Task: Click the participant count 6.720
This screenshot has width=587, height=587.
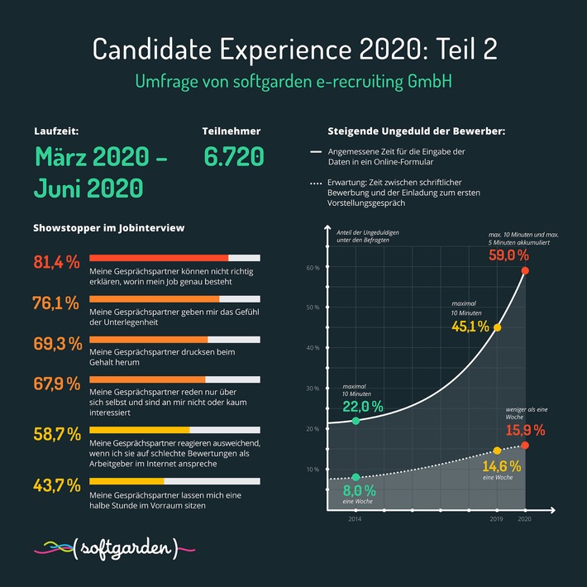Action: click(233, 156)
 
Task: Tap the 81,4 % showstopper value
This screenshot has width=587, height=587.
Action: click(56, 262)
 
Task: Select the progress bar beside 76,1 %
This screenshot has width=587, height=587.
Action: click(174, 299)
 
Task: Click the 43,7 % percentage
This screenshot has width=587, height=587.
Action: click(56, 484)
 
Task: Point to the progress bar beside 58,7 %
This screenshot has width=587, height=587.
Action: click(174, 430)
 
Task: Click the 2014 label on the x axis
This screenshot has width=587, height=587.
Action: click(353, 518)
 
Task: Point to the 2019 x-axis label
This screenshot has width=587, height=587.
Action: click(496, 518)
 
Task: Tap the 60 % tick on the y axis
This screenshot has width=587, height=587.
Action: click(313, 268)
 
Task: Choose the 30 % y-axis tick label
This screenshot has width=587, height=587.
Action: click(313, 389)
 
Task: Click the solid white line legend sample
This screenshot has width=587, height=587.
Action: click(315, 153)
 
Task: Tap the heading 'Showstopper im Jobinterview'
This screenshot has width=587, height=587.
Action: click(108, 227)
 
